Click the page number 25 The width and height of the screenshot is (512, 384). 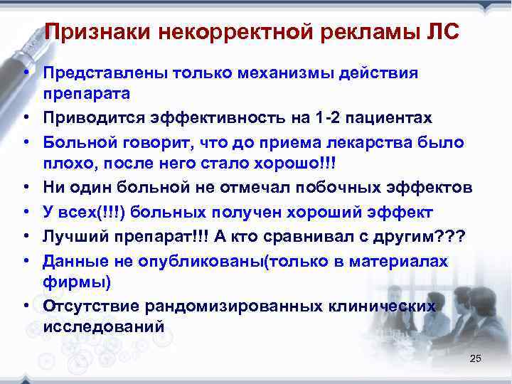[476, 359]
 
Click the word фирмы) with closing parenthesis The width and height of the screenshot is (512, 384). [77, 282]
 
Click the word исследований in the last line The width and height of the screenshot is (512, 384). [103, 328]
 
